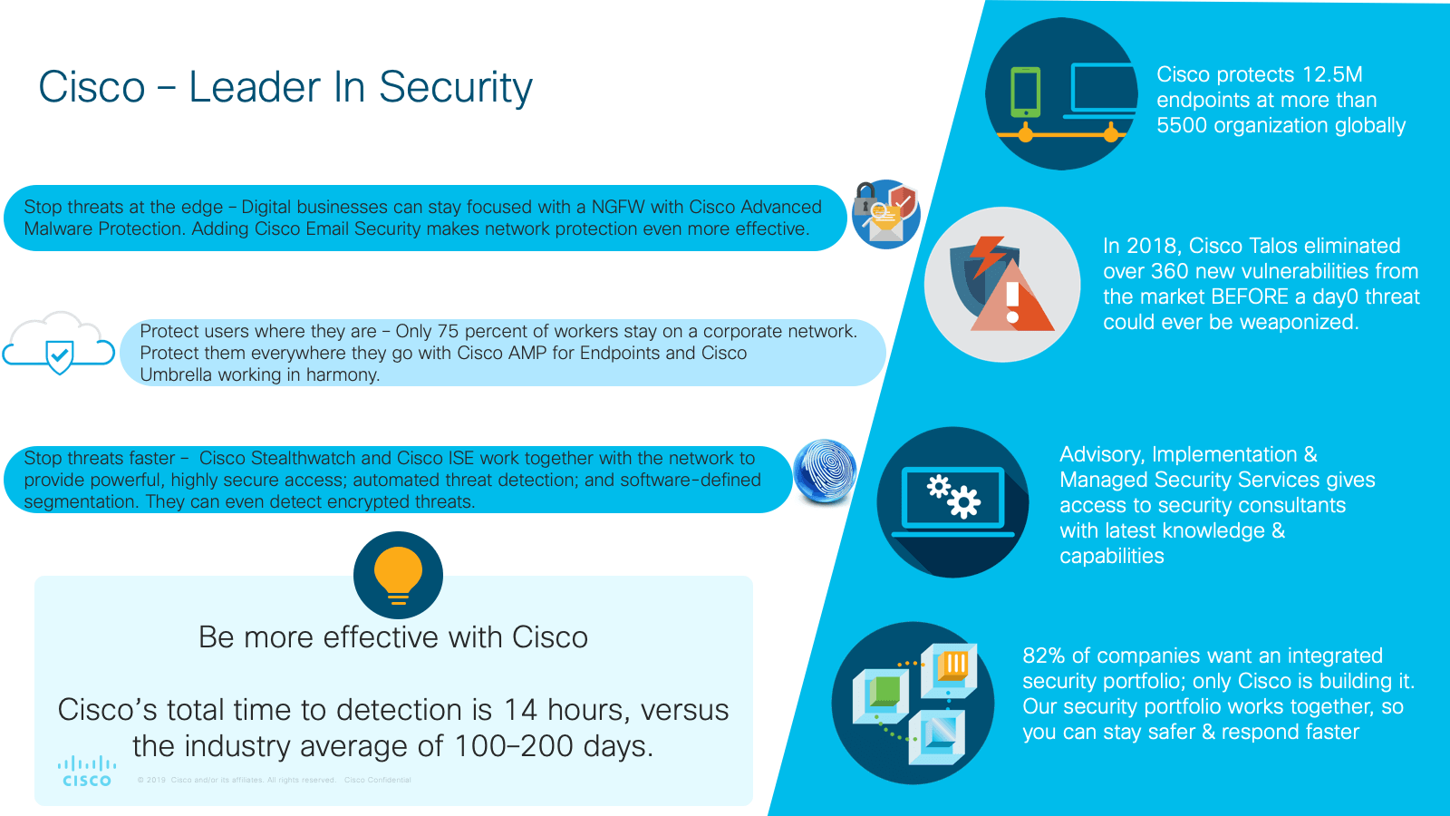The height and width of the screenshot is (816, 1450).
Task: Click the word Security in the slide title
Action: tap(455, 88)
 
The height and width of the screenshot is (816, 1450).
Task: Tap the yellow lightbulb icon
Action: tap(398, 574)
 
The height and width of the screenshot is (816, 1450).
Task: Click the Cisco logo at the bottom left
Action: tap(87, 772)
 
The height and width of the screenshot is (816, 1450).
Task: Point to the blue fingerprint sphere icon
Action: tap(825, 471)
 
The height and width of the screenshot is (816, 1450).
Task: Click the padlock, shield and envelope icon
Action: tap(885, 214)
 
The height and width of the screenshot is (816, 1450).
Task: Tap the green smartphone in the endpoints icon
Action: tap(1026, 92)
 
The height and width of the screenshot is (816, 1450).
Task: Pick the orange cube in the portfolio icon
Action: tap(952, 665)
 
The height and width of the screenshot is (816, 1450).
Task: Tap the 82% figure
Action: tap(1043, 656)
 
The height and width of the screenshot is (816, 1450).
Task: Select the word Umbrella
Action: tap(175, 374)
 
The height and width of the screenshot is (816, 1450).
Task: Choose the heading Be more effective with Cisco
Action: tap(393, 637)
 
